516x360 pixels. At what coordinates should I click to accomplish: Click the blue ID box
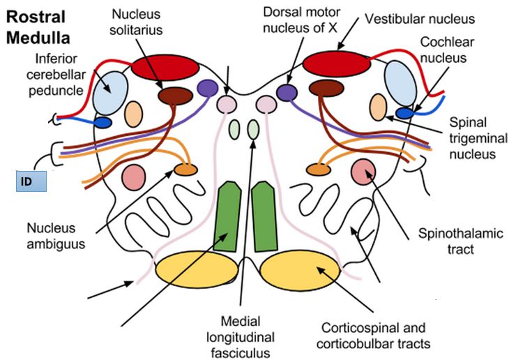click(x=31, y=181)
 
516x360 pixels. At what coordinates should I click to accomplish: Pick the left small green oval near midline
click(x=235, y=130)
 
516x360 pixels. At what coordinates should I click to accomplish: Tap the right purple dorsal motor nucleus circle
click(x=286, y=92)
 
